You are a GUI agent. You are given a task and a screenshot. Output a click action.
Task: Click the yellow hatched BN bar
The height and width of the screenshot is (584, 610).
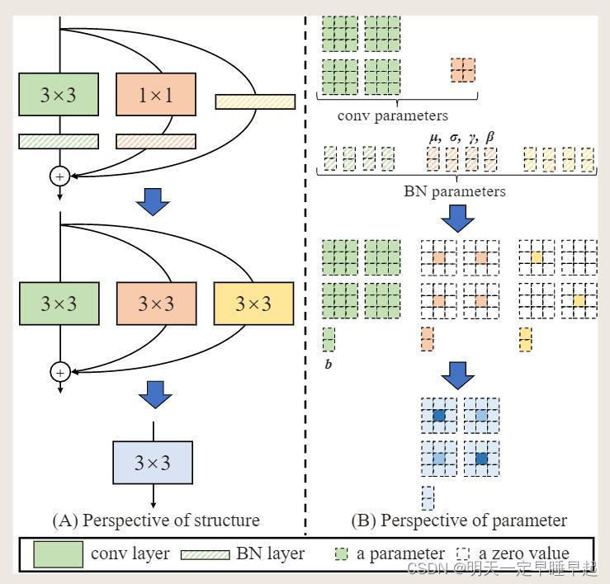[255, 101]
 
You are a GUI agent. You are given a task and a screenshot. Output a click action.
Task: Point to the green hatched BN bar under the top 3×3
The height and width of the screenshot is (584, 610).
[58, 142]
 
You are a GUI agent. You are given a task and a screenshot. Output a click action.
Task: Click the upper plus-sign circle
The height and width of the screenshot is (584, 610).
[59, 176]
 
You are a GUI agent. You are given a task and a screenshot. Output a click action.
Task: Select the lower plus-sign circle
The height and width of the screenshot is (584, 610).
[59, 372]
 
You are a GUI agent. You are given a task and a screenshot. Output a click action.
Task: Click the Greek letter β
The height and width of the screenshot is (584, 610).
[490, 136]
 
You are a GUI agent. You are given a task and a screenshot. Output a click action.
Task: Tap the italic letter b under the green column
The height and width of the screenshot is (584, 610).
[328, 364]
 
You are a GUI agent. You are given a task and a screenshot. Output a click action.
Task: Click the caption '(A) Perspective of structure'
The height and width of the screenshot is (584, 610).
[155, 520]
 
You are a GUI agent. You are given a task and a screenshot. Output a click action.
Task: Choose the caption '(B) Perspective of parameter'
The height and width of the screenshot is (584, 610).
[459, 520]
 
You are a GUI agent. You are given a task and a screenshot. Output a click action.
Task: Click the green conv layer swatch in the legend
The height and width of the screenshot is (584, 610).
[58, 554]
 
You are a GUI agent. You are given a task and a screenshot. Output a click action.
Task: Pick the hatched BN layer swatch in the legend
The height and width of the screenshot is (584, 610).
[206, 554]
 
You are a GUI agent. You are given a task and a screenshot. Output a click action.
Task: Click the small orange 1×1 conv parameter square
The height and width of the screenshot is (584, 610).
[464, 69]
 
